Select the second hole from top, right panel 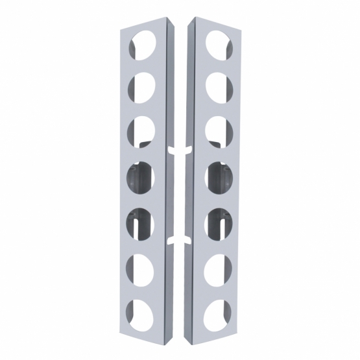tap(217, 85)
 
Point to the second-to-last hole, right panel tap(218, 267)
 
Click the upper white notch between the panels tap(180, 150)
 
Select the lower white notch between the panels tap(180, 241)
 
